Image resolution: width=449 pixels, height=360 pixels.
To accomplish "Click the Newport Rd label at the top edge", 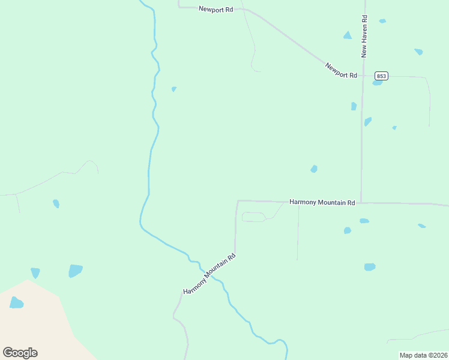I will (x=216, y=10).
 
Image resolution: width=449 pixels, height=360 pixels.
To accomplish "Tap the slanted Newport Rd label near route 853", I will (x=341, y=70).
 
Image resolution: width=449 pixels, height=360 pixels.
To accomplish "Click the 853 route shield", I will (x=381, y=76).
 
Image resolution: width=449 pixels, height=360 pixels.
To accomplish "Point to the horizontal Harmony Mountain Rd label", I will (x=322, y=202).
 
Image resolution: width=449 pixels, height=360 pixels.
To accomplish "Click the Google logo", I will (x=20, y=352).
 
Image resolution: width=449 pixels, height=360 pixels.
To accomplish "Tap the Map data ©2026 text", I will (x=423, y=355).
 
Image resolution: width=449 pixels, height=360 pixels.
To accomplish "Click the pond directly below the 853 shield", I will (x=377, y=83).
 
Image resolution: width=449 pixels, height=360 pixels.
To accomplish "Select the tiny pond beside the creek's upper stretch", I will (x=173, y=89).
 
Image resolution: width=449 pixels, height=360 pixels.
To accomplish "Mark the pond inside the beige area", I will (x=16, y=303).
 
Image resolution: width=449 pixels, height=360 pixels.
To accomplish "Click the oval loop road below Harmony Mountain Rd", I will (x=253, y=217).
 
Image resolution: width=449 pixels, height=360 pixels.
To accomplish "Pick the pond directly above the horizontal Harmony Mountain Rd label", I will (x=313, y=169).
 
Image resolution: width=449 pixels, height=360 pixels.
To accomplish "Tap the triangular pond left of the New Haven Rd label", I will (x=347, y=35).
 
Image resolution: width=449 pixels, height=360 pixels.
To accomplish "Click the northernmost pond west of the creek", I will (x=56, y=203).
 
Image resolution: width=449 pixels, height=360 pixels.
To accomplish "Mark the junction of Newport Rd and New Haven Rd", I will (x=363, y=76).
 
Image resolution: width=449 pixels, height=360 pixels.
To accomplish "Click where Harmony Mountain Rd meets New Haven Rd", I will (x=361, y=203).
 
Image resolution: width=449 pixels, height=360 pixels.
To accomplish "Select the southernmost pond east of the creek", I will (x=370, y=267).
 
